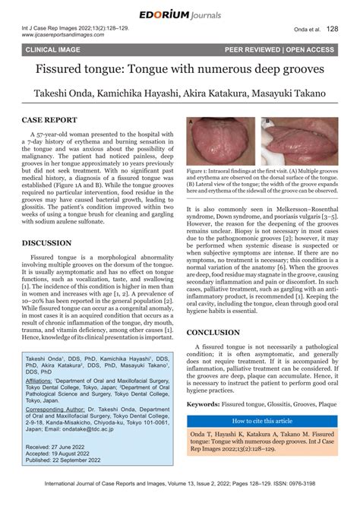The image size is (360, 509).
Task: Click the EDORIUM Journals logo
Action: (179, 14)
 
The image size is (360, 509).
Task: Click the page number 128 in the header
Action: (332, 30)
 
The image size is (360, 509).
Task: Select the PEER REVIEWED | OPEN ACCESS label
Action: (279, 49)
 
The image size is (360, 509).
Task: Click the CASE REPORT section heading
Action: (49, 120)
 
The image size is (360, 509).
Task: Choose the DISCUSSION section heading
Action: (47, 243)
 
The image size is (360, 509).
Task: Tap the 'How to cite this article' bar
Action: (261, 420)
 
